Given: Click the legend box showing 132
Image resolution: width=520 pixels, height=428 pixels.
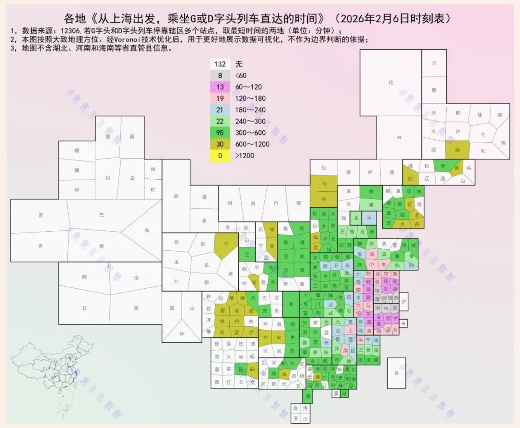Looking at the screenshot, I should click(x=221, y=64).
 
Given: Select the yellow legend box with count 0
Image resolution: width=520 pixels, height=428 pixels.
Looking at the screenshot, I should click(x=221, y=156).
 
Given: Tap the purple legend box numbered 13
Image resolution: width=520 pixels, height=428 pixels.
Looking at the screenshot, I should click(x=221, y=87).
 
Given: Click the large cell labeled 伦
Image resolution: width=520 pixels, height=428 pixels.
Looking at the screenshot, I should click(x=390, y=82).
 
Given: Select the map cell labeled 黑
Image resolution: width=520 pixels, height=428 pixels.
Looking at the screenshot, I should click(x=433, y=90).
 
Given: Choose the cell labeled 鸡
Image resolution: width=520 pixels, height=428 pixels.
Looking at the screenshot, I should click(x=504, y=143).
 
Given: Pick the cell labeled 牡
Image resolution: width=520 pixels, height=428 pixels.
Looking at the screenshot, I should click(x=483, y=150).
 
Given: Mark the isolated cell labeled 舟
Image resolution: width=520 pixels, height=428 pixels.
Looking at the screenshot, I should click(x=403, y=322).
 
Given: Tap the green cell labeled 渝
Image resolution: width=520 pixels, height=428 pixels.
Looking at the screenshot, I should click(x=290, y=305).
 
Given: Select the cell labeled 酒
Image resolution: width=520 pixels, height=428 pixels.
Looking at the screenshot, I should click(x=176, y=196).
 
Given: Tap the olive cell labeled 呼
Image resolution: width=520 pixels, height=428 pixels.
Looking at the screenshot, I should click(x=324, y=200).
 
